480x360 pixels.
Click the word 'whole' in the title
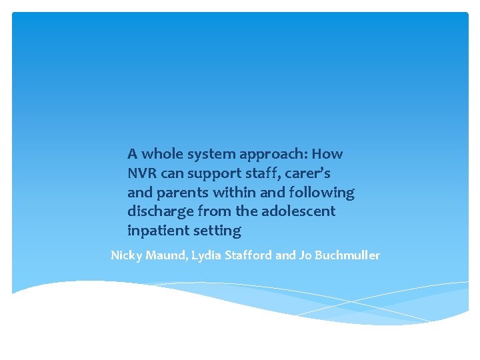[161, 154]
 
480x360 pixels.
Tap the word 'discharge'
[159, 211]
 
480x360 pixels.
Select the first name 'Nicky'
[125, 255]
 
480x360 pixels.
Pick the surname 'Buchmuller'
[347, 255]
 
